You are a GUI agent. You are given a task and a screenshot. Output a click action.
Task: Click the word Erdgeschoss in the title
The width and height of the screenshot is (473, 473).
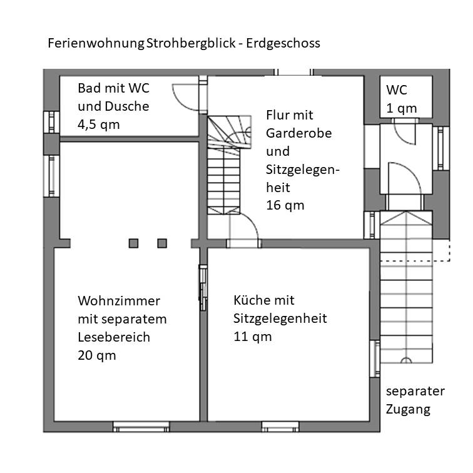tap(283, 43)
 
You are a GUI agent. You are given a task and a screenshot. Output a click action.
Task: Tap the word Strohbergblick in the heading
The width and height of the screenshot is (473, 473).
tap(191, 43)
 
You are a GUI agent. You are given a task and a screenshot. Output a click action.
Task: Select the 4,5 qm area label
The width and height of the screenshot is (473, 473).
tap(99, 125)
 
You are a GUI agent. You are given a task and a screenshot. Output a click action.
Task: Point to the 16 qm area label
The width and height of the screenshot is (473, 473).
tap(285, 205)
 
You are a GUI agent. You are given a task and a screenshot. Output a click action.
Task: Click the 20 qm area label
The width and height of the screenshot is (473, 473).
tap(97, 355)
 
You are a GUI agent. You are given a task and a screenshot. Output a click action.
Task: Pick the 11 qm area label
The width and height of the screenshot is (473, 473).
tap(253, 337)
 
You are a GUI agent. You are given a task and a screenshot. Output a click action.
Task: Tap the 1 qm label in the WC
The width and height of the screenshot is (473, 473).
tap(402, 109)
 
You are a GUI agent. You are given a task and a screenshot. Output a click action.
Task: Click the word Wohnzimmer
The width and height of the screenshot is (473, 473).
tap(119, 301)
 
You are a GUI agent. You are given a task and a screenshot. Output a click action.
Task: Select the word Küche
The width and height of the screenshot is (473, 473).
tap(248, 300)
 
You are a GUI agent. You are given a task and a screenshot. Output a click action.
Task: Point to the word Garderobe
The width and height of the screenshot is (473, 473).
tap(298, 133)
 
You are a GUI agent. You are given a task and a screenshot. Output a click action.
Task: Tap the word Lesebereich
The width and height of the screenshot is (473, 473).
tap(114, 337)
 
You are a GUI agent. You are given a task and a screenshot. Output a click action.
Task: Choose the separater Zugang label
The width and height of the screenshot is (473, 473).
tap(415, 400)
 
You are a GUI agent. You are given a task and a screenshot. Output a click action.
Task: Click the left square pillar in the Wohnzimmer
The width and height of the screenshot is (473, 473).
tap(133, 243)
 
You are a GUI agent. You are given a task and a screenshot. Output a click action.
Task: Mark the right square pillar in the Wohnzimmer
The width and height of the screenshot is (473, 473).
tap(162, 243)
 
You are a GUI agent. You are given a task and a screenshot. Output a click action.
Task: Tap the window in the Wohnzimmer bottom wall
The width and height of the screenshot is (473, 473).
tap(141, 427)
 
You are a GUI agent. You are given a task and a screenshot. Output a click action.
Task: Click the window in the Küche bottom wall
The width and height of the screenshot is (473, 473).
tap(280, 427)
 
